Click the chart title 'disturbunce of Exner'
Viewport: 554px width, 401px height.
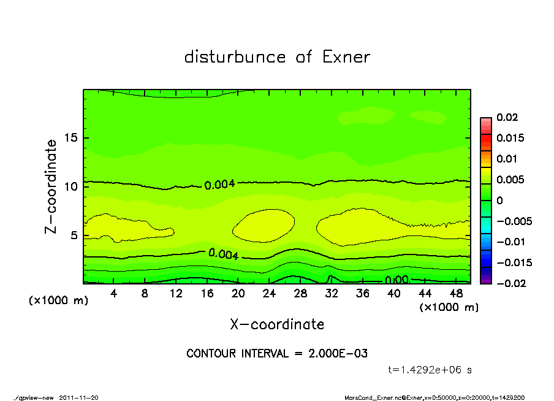tap(277, 57)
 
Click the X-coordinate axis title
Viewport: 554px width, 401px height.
tap(277, 324)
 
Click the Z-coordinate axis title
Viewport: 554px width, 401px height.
tap(51, 186)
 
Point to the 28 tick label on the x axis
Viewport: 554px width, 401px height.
tap(300, 294)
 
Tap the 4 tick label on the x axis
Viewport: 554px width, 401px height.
tap(114, 294)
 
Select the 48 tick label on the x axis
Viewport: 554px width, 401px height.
tap(455, 294)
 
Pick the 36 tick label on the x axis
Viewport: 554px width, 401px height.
tap(362, 294)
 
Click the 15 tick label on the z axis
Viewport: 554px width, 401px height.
tap(71, 138)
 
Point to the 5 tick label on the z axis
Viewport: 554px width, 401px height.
tap(74, 235)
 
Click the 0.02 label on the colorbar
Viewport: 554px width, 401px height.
tap(507, 117)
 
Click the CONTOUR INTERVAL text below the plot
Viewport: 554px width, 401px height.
tap(277, 354)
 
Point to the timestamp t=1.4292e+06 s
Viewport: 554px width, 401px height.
tap(430, 370)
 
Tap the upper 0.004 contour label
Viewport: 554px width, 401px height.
tap(219, 184)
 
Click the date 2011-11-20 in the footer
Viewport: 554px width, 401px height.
tap(79, 397)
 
